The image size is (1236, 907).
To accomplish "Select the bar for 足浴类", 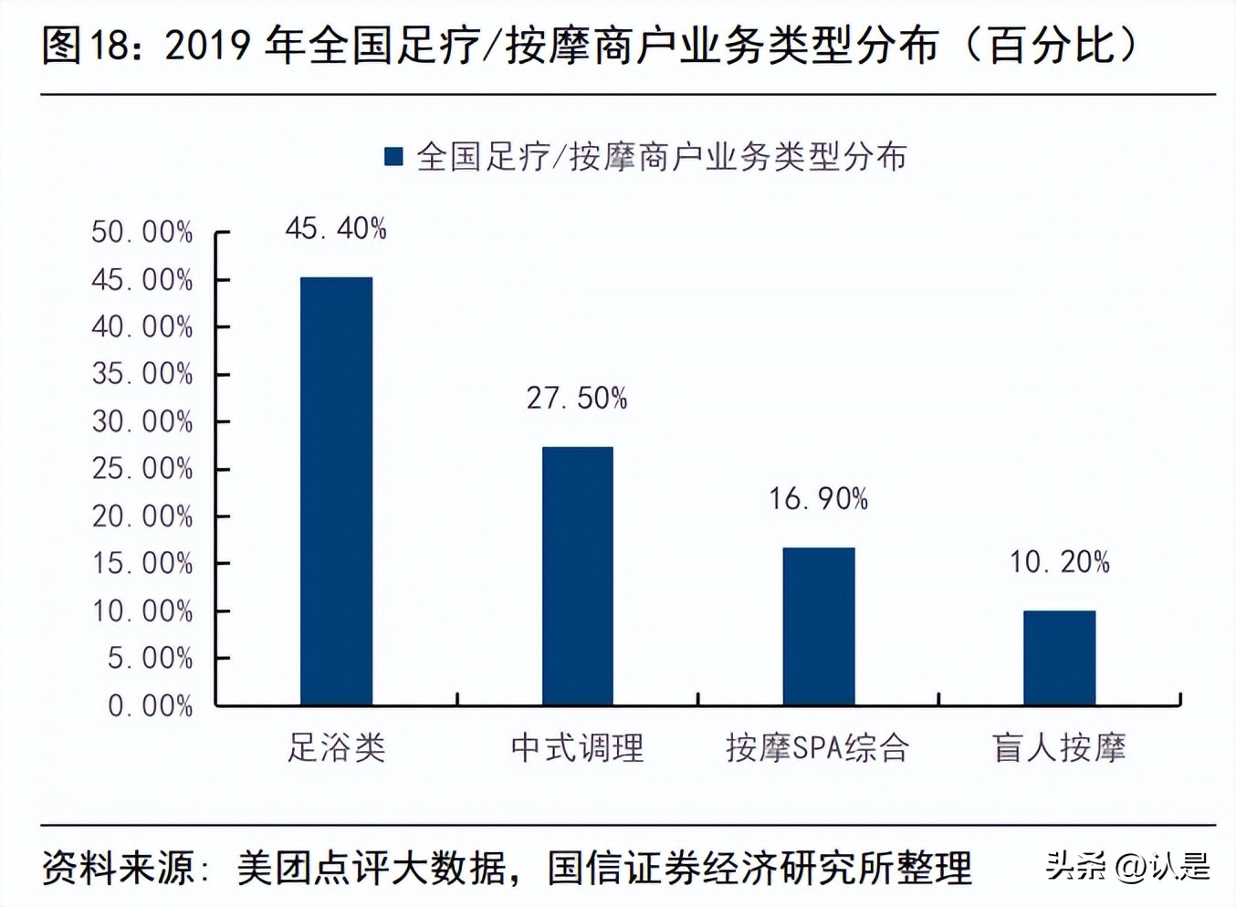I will point(336,490).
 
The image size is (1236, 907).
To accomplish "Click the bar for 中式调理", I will point(577,575).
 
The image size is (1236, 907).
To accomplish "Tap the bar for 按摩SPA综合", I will point(818,625).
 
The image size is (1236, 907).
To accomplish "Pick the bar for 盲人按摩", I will point(1059,657).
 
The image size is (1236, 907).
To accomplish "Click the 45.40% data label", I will point(336,228).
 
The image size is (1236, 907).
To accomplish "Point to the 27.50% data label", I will point(577,398).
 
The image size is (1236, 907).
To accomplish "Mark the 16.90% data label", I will point(818,498).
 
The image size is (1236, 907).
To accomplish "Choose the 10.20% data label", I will point(1059,561).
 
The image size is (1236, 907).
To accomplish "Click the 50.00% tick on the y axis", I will point(142,232).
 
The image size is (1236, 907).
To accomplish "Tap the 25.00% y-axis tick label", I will point(142,468).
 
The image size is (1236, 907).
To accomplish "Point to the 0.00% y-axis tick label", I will point(150,705).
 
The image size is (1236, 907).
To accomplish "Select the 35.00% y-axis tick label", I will point(142,373).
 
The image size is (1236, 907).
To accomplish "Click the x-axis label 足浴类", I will point(336,747).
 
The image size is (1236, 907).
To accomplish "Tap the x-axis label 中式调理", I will point(577,747).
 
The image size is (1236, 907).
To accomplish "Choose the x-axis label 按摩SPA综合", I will point(818,747).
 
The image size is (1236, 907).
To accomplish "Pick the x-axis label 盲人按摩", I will point(1059,747).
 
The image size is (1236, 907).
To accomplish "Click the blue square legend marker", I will point(393,157).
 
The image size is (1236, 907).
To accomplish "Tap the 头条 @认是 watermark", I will point(1128,866).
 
